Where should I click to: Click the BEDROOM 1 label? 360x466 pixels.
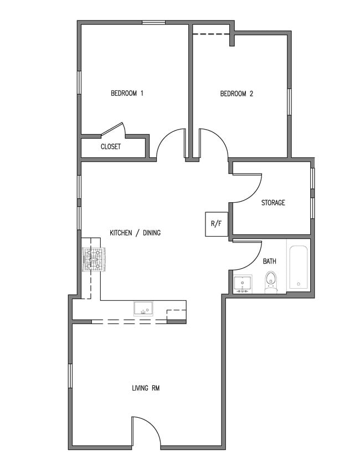pyautogui.click(x=127, y=94)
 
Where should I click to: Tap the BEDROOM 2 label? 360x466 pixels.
pyautogui.click(x=236, y=94)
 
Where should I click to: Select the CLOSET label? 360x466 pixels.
pyautogui.click(x=111, y=147)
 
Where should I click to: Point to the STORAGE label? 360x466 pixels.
pyautogui.click(x=273, y=203)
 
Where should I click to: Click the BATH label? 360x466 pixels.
pyautogui.click(x=270, y=261)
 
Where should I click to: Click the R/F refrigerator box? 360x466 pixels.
pyautogui.click(x=216, y=224)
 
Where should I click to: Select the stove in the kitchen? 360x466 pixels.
pyautogui.click(x=94, y=259)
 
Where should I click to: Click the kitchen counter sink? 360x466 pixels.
pyautogui.click(x=143, y=309)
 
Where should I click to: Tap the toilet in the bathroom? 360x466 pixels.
pyautogui.click(x=271, y=281)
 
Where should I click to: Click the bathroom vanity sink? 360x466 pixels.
pyautogui.click(x=243, y=284)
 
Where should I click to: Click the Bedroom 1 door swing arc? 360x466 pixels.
pyautogui.click(x=171, y=144)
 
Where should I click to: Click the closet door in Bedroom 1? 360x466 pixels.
pyautogui.click(x=114, y=129)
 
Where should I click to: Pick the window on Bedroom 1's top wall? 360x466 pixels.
pyautogui.click(x=153, y=22)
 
